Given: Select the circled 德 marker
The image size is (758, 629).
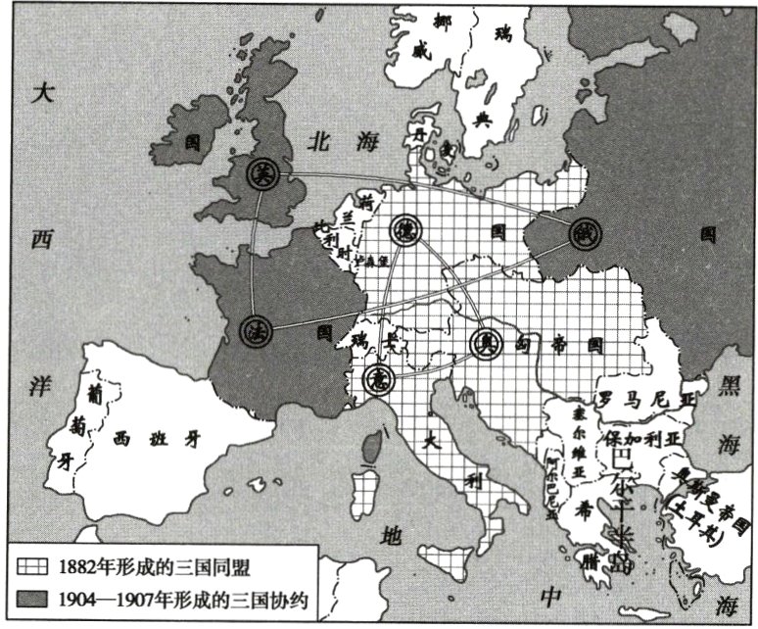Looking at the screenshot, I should point(404,231).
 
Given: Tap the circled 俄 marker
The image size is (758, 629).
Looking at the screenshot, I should point(586,233).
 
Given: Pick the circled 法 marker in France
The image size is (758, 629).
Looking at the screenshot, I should point(256,330).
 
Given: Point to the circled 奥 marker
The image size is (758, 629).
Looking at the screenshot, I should point(484,343).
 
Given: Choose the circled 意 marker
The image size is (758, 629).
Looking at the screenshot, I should point(378,378).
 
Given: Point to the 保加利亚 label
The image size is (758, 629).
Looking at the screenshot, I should point(642,438).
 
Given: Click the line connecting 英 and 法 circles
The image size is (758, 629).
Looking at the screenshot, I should point(256,253).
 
